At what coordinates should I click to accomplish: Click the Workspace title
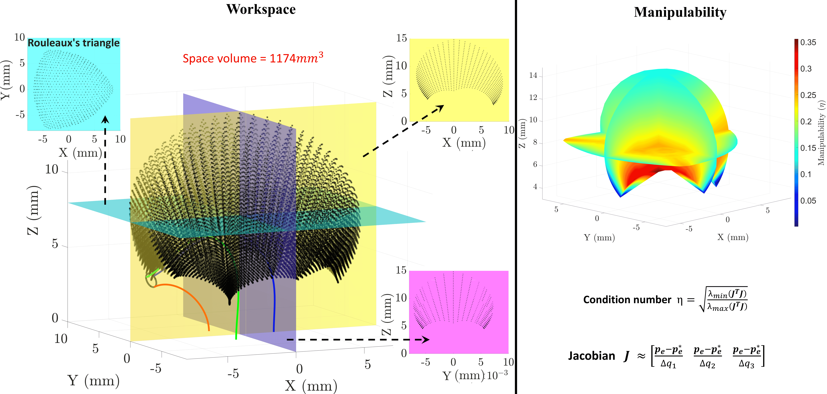coord(261,9)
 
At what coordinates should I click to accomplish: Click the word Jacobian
coord(591,356)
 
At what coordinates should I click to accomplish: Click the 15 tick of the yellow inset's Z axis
coord(401,38)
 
